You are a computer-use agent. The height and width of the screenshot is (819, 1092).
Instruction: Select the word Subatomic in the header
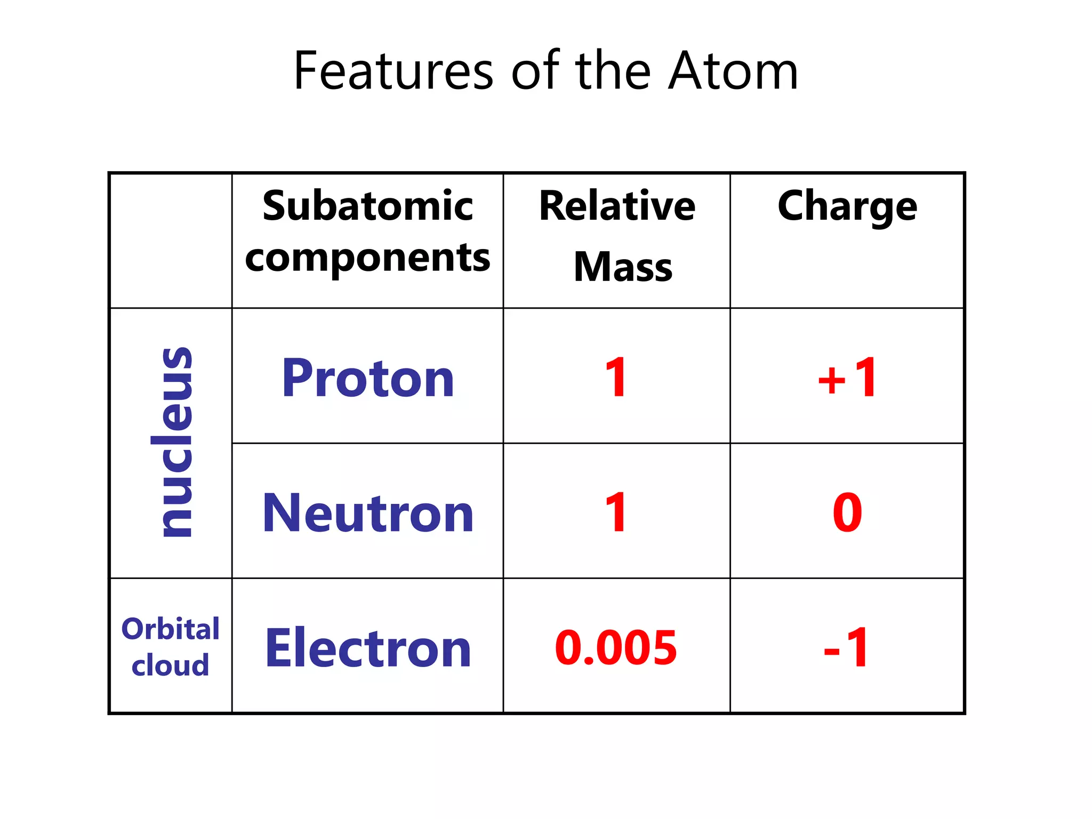pyautogui.click(x=367, y=206)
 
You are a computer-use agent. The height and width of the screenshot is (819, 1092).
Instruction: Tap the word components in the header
pyautogui.click(x=367, y=258)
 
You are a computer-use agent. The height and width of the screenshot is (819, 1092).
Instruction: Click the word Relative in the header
pyautogui.click(x=617, y=206)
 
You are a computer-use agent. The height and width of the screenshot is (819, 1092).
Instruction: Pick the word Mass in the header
pyautogui.click(x=623, y=267)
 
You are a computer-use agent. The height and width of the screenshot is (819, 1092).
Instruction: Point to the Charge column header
pyautogui.click(x=847, y=207)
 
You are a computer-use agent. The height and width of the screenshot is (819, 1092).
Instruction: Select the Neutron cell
pyautogui.click(x=368, y=513)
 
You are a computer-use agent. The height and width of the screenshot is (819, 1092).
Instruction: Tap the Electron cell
pyautogui.click(x=368, y=648)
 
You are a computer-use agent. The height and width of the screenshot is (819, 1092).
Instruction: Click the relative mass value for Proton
pyautogui.click(x=616, y=378)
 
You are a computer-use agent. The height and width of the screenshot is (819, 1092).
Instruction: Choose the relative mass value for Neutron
pyautogui.click(x=616, y=512)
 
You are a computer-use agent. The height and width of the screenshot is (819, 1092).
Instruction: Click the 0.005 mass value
pyautogui.click(x=616, y=647)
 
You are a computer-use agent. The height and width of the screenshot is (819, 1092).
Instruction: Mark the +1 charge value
pyautogui.click(x=847, y=378)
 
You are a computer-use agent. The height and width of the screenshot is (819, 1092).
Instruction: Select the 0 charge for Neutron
pyautogui.click(x=847, y=512)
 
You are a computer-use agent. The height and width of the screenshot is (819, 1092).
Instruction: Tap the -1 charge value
pyautogui.click(x=847, y=647)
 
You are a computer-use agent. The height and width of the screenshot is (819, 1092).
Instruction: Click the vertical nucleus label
pyautogui.click(x=172, y=442)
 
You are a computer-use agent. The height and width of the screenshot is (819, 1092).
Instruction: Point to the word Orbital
pyautogui.click(x=171, y=629)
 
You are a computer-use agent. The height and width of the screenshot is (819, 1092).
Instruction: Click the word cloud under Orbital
pyautogui.click(x=171, y=665)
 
